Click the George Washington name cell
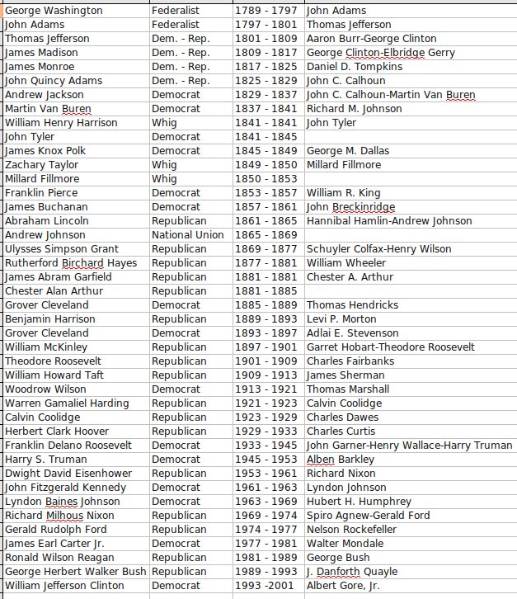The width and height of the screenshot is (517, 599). [x=54, y=11]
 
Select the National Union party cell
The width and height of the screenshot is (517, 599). [x=187, y=235]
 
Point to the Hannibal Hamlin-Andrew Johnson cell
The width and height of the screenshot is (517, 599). [x=389, y=221]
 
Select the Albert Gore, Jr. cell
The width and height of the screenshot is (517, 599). [x=343, y=586]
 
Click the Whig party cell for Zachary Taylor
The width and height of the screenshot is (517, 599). [x=164, y=165]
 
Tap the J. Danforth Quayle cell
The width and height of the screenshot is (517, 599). [x=352, y=572]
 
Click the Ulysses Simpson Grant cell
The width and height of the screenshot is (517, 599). [x=62, y=249]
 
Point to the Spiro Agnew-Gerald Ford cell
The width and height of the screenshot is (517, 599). [x=369, y=516]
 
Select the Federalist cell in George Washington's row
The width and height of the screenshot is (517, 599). [x=176, y=11]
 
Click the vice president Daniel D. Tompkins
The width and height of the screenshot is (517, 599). [x=355, y=67]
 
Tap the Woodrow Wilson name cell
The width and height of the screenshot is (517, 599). [x=46, y=389]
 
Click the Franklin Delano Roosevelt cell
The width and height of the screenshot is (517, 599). [x=68, y=446]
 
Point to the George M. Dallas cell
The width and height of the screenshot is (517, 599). [x=348, y=151]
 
